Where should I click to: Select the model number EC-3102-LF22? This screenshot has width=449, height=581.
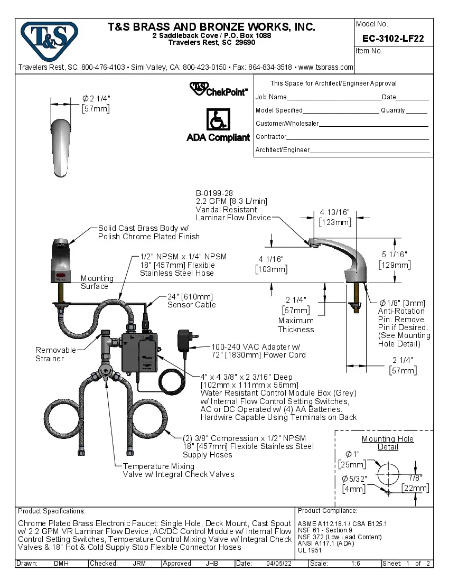pos(393,39)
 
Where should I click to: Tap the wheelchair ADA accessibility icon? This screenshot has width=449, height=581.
pos(218,120)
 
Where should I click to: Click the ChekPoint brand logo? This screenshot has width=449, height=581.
pos(218,89)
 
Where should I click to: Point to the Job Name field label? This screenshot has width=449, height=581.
pos(271,97)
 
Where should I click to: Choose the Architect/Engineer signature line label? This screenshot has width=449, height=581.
pos(283,150)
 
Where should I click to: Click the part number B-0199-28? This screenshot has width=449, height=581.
pos(214,193)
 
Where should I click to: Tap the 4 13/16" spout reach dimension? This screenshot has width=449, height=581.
pos(334,212)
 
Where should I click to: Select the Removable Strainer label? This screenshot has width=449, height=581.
pos(50,354)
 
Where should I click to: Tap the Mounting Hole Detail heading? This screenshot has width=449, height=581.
pos(388,443)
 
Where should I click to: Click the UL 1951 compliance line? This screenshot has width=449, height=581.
pos(310,550)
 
